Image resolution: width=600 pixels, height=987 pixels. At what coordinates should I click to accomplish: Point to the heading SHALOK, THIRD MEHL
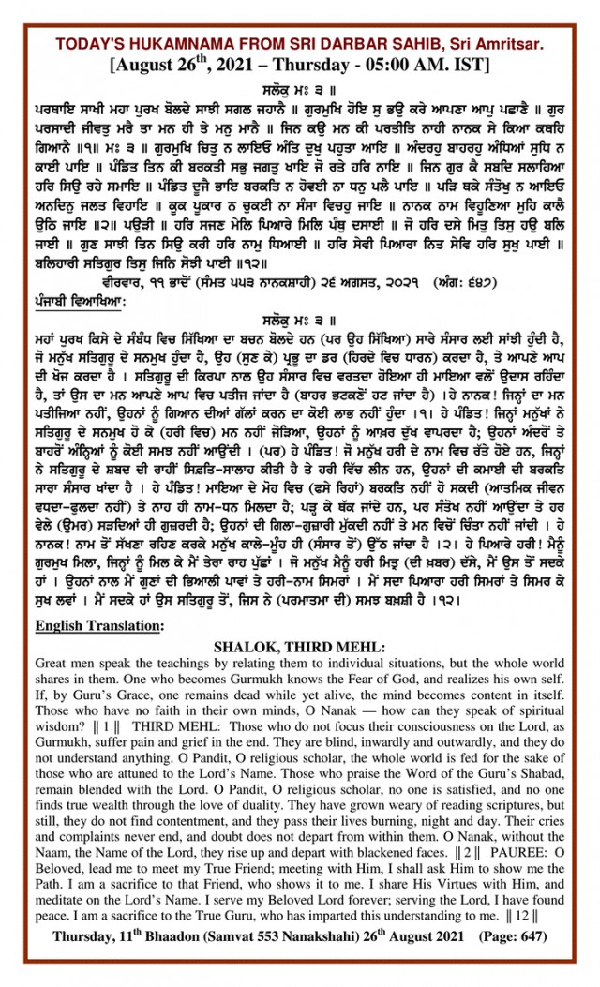(299, 646)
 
